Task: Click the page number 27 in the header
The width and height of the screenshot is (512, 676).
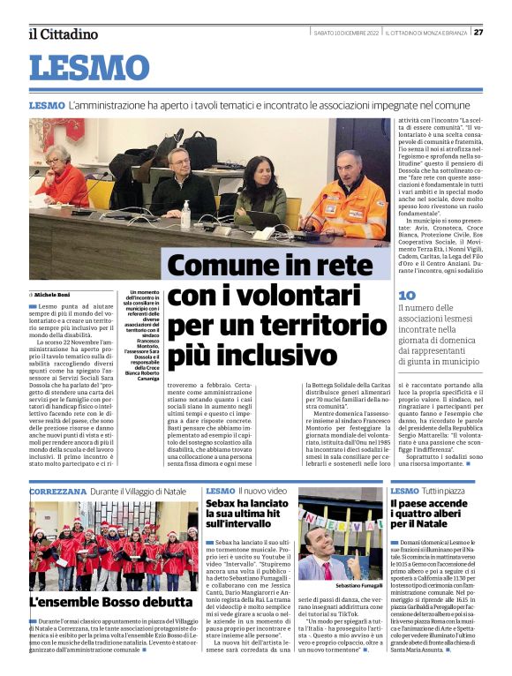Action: tap(478, 33)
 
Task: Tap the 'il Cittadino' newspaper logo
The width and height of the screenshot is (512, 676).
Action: tap(64, 34)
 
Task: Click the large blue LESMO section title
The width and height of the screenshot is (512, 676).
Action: tap(90, 69)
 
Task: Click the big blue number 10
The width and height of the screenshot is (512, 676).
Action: tap(406, 296)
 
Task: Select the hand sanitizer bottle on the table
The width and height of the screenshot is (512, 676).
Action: tap(185, 213)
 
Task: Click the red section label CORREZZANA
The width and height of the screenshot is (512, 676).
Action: tap(57, 490)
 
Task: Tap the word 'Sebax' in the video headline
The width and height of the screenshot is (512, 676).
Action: tap(224, 505)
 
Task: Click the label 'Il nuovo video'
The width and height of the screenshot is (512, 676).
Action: tap(263, 490)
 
